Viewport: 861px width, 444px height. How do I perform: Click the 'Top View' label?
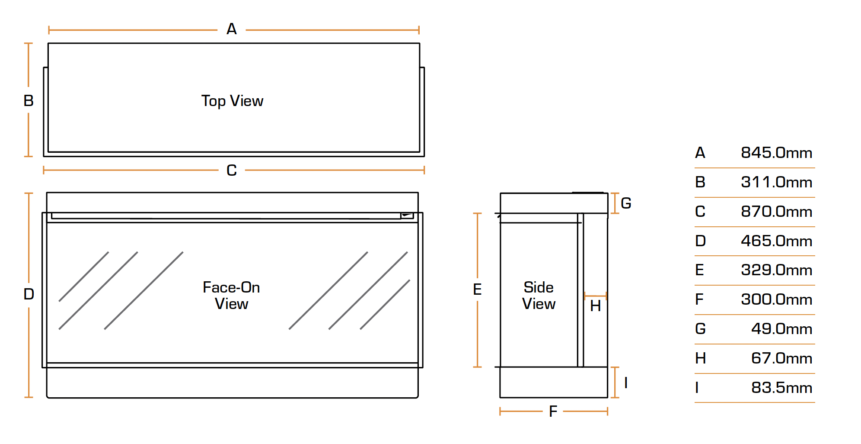(232, 101)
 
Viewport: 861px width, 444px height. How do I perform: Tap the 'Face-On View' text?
(231, 295)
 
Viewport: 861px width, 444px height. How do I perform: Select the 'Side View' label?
(539, 295)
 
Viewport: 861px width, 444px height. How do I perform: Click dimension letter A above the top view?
(232, 29)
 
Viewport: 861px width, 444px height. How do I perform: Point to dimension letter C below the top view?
(232, 170)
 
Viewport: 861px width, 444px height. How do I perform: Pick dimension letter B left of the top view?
(29, 101)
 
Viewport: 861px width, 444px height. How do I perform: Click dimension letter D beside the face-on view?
(29, 294)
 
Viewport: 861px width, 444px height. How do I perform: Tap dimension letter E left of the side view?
(477, 289)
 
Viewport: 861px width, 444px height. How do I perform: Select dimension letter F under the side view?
(553, 411)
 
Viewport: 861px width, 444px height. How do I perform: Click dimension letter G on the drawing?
(626, 203)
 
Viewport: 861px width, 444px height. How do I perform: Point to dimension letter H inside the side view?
(595, 306)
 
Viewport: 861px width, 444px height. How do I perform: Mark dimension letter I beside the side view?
(626, 383)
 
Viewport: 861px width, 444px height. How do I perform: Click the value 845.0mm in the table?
(776, 153)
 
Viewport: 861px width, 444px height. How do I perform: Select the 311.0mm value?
(776, 182)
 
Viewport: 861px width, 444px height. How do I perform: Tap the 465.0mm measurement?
(776, 241)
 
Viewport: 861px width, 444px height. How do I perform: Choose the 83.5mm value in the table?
(781, 388)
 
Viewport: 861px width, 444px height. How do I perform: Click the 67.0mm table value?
(781, 358)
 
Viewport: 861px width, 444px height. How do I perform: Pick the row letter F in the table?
(699, 299)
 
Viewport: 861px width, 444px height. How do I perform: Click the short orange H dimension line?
(595, 296)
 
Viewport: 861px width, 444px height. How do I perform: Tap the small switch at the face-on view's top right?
(407, 215)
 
